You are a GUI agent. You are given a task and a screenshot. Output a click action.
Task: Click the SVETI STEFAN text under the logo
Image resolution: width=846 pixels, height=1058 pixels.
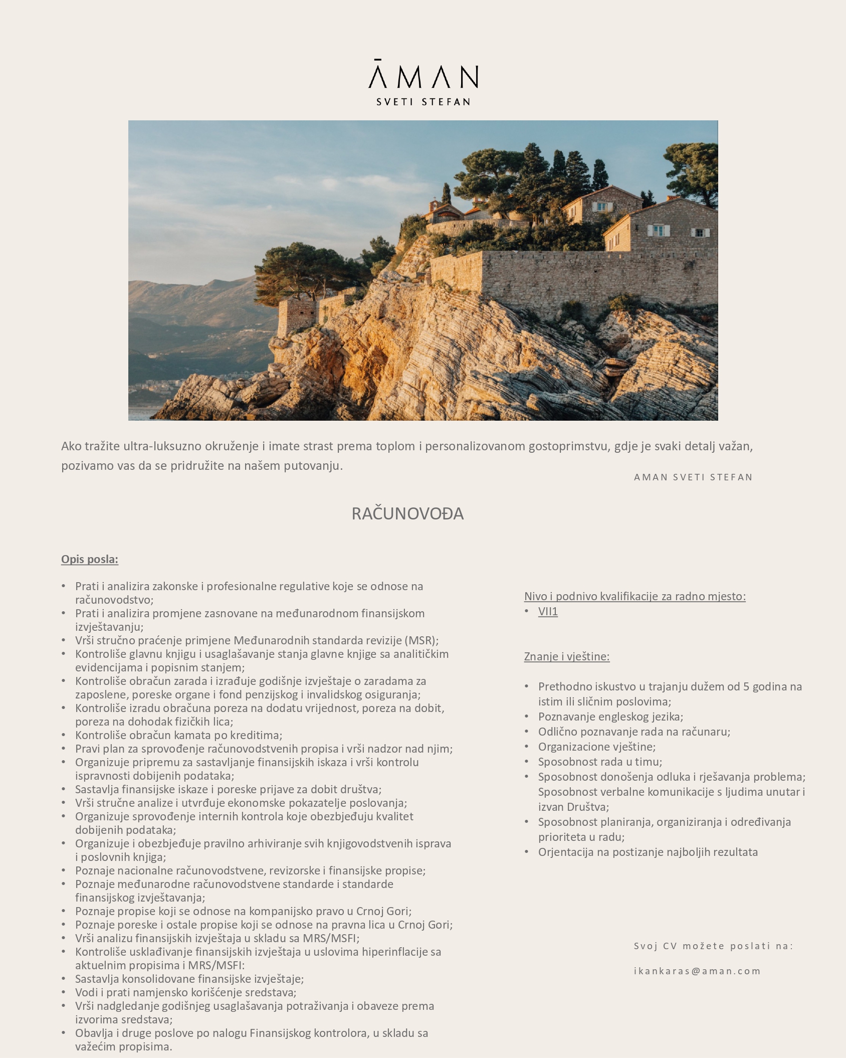pos(424,102)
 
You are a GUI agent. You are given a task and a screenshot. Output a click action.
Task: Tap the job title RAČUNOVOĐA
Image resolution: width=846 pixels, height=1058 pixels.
pos(407,513)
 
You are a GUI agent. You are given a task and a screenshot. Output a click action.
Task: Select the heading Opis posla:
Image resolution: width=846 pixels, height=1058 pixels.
pos(90,559)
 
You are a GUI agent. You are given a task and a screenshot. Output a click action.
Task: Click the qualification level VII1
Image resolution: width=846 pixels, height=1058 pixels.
pos(548,611)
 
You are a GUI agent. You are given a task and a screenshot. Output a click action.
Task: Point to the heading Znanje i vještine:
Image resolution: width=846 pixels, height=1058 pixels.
pos(567,656)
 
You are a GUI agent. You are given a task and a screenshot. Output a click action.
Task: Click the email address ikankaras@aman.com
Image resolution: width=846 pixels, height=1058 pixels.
pos(697,971)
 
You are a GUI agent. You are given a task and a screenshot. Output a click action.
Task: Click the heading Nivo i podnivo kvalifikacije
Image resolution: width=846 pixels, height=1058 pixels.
pos(634,596)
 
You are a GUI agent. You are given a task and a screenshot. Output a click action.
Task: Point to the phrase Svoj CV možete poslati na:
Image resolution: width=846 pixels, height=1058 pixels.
pos(713,946)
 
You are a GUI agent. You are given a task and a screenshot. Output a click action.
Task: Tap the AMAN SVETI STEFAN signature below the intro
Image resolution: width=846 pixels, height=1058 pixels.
pos(693,477)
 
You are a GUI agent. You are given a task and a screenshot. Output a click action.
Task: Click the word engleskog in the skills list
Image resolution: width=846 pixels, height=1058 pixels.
pos(610,717)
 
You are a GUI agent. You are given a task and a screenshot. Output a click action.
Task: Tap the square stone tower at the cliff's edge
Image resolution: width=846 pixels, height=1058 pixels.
pos(297,317)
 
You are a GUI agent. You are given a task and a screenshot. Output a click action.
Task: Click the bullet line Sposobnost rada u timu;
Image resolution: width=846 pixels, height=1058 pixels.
pos(600,762)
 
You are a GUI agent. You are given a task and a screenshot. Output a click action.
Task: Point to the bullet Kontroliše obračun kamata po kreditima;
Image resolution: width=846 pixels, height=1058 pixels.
pos(178,735)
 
